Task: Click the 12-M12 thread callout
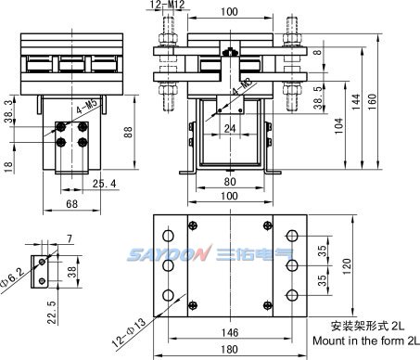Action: tap(167, 5)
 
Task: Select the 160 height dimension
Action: tap(373, 101)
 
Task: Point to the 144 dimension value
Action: tap(356, 101)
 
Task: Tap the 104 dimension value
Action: tap(339, 126)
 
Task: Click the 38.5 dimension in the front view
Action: tap(318, 97)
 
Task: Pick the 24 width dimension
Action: tap(230, 128)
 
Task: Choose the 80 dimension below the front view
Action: tap(230, 182)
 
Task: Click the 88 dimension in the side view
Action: tap(128, 132)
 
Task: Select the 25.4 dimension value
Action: tap(105, 184)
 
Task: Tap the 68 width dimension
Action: tap(71, 204)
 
